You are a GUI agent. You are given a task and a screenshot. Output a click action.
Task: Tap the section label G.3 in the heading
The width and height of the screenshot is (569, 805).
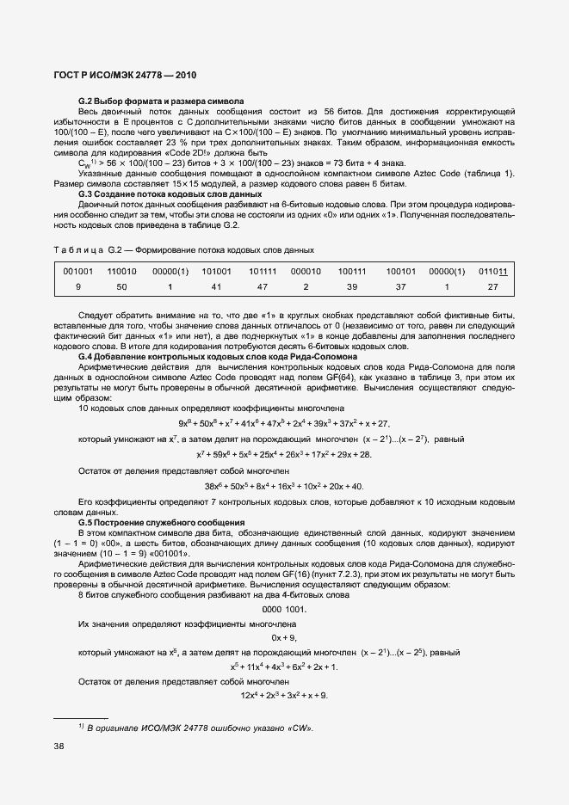click(x=86, y=194)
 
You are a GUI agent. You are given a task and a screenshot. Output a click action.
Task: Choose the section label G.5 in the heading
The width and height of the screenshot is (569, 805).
click(x=86, y=523)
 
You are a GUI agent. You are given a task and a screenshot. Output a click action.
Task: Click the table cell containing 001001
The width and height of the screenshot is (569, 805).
click(x=78, y=271)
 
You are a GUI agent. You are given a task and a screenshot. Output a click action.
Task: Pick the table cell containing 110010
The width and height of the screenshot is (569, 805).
click(x=121, y=271)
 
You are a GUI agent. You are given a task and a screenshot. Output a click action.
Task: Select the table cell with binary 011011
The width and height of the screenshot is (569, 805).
click(x=493, y=271)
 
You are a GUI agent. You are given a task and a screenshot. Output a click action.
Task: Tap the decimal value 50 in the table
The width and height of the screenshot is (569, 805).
click(x=121, y=286)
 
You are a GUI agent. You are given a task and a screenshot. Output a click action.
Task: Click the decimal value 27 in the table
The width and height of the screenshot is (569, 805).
click(x=493, y=286)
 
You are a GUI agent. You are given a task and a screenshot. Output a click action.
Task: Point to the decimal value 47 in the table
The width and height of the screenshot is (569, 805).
click(x=263, y=286)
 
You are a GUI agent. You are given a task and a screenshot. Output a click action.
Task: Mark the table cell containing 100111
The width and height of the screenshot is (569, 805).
click(x=352, y=271)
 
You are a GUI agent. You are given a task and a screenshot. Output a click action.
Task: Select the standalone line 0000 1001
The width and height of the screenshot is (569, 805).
click(x=283, y=610)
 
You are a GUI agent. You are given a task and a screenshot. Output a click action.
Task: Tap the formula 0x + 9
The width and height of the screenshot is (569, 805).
click(x=284, y=637)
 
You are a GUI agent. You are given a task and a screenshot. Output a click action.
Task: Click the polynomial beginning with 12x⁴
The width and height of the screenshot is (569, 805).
click(x=284, y=695)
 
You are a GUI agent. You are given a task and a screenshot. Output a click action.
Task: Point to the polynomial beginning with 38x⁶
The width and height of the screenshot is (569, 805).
click(x=284, y=487)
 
